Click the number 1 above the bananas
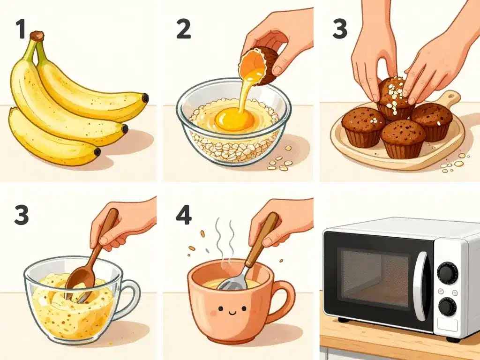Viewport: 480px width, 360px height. pyautogui.click(x=20, y=29)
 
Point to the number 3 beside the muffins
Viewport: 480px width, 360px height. pyautogui.click(x=341, y=29)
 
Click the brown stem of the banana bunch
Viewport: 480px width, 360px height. pyautogui.click(x=37, y=36)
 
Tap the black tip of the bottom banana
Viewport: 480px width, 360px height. pyautogui.click(x=97, y=152)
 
